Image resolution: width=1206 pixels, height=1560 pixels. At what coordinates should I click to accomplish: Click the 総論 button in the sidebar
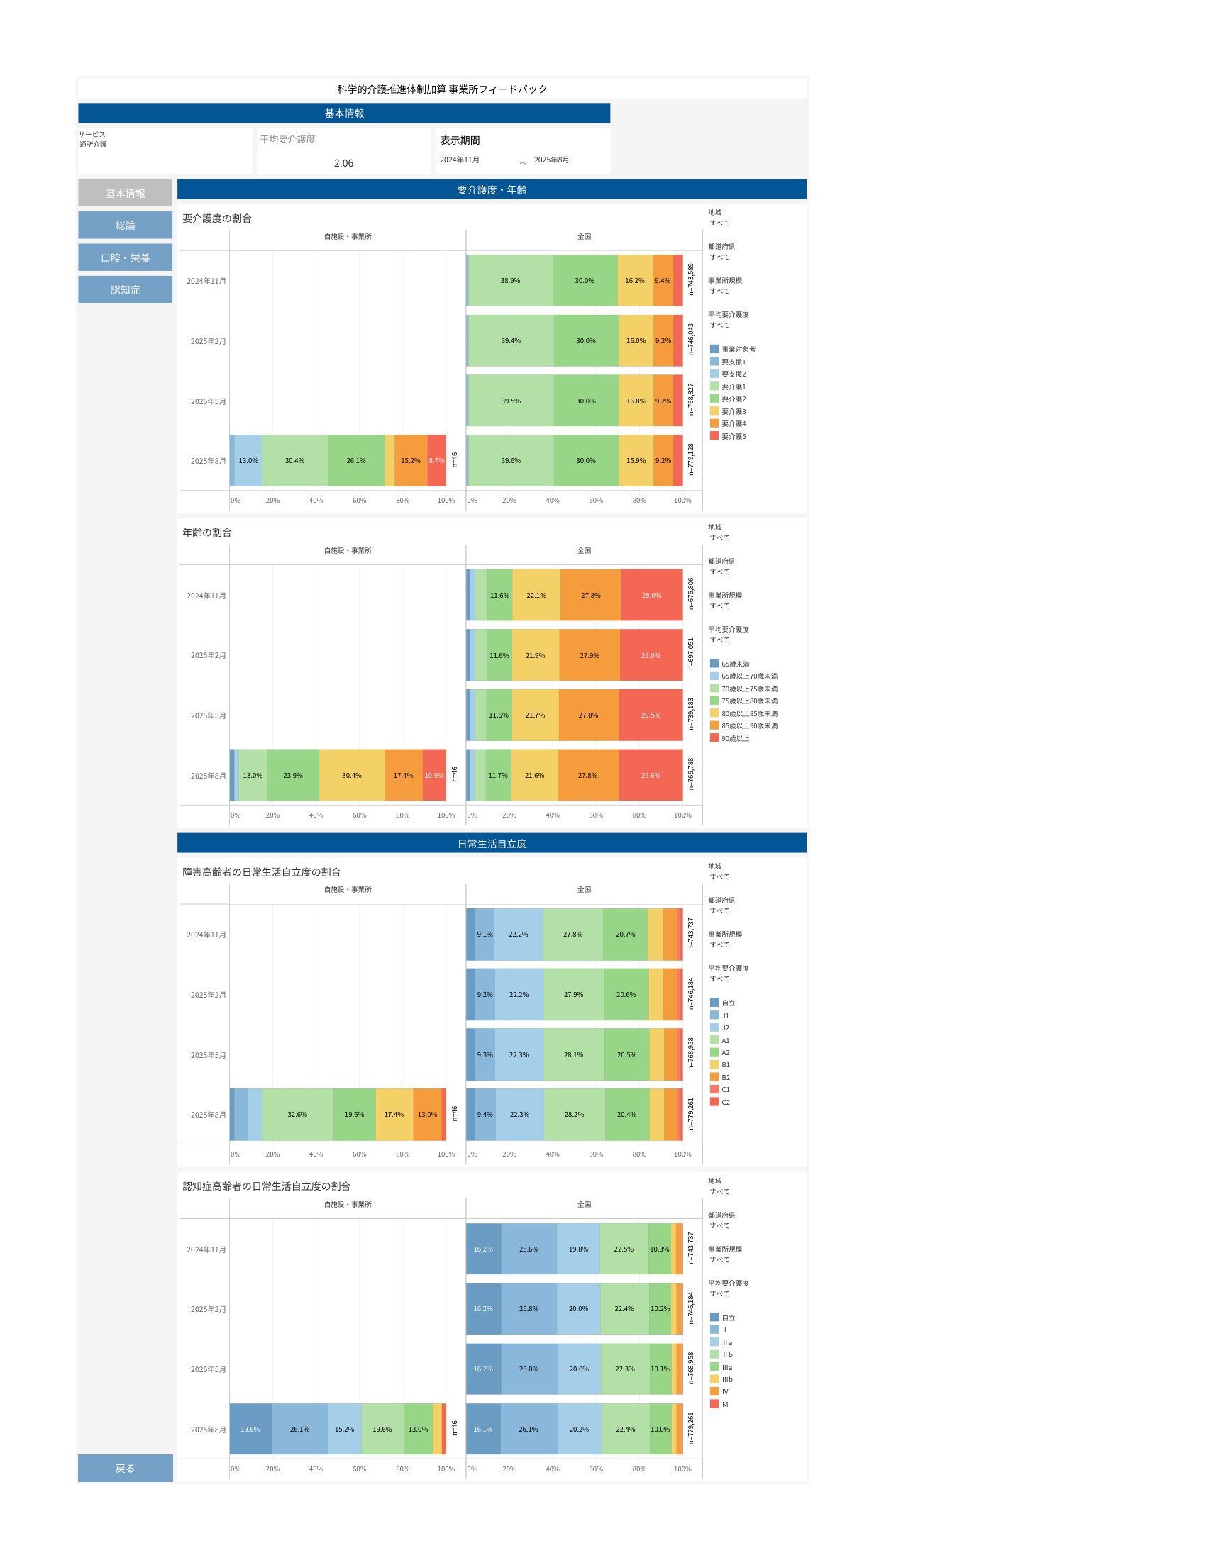point(125,225)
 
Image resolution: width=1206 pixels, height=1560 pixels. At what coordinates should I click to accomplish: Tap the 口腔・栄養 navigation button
point(125,258)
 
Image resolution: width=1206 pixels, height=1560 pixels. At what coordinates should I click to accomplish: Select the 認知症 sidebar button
point(125,289)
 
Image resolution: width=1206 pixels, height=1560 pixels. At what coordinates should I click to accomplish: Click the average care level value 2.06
point(343,163)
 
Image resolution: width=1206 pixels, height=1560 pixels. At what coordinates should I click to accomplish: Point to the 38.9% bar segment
point(510,281)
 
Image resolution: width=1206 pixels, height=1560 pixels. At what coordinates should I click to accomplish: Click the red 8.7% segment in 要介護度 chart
point(436,461)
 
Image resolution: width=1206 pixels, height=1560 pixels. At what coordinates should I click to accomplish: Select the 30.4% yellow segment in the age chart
point(351,775)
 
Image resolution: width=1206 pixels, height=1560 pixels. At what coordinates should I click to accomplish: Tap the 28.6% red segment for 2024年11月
point(651,595)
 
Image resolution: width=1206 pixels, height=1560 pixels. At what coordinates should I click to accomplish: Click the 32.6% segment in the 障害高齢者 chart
point(297,1114)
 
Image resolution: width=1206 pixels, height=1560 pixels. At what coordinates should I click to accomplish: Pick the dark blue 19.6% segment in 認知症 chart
point(250,1430)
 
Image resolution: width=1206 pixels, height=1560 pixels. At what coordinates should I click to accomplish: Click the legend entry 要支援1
point(733,362)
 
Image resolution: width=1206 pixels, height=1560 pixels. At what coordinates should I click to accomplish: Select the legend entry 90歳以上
point(735,739)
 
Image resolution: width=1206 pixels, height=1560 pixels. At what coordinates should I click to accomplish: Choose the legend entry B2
point(725,1077)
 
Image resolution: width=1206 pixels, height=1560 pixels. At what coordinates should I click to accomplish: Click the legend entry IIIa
point(726,1367)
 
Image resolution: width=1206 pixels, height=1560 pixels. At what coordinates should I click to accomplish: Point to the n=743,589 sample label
point(691,279)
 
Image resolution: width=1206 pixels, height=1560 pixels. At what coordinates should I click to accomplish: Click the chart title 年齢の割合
point(207,532)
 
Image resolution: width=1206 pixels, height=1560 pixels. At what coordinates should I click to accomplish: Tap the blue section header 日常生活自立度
point(492,844)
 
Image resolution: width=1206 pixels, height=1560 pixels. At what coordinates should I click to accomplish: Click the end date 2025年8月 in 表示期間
point(551,160)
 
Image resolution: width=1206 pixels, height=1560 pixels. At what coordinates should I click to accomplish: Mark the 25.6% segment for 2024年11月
point(529,1249)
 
